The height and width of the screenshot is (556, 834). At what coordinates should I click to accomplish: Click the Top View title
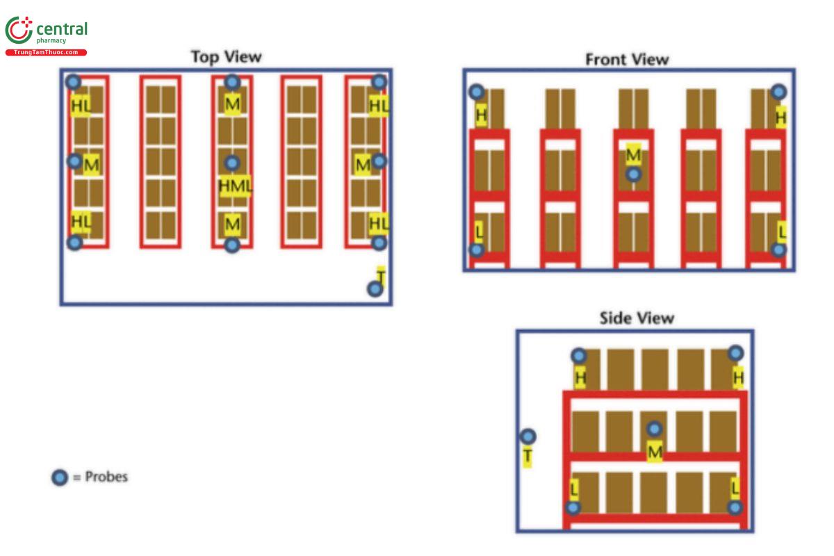[226, 56]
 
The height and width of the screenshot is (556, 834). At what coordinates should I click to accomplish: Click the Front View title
[627, 59]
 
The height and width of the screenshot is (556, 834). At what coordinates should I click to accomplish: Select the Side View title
[637, 318]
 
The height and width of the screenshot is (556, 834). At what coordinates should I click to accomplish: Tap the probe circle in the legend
[60, 477]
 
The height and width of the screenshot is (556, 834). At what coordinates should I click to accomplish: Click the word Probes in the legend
[106, 477]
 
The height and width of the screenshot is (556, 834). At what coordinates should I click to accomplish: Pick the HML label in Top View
[236, 186]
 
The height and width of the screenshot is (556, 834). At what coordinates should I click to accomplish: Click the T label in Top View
[380, 275]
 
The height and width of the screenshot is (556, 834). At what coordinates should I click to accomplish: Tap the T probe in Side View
[528, 436]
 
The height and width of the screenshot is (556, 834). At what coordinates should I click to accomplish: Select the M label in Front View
[633, 154]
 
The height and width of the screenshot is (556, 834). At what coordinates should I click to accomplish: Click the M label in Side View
[655, 452]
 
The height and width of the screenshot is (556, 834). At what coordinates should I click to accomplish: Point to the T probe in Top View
[375, 289]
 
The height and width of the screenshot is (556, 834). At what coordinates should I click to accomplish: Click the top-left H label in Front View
[481, 114]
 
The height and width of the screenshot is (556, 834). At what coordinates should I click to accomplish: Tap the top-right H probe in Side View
[735, 353]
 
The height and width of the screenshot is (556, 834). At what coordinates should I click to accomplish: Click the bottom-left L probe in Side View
[573, 507]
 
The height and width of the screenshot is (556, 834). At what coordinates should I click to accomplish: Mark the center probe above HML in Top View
[232, 163]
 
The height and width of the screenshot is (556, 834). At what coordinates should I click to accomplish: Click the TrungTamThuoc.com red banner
[46, 52]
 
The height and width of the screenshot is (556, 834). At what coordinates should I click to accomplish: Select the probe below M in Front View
[633, 174]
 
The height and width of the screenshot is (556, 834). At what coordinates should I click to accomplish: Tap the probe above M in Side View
[655, 429]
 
